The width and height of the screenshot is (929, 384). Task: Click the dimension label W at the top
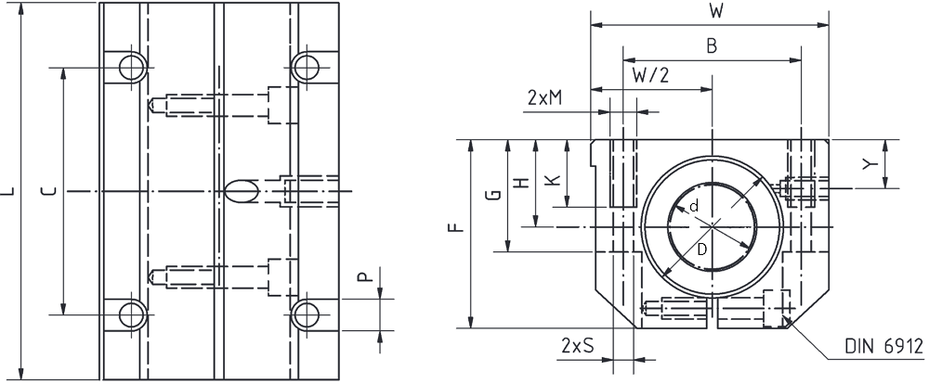[715, 12]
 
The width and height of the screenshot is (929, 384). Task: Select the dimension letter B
[712, 46]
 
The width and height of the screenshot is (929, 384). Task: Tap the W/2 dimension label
[650, 75]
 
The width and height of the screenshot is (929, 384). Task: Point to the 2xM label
[544, 97]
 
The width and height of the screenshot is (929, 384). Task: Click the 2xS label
[577, 345]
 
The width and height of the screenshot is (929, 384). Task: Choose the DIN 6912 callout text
[884, 346]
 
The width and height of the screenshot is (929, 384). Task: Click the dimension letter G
[496, 194]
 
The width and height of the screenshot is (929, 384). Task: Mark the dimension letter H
[522, 183]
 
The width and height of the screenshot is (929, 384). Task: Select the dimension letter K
[552, 179]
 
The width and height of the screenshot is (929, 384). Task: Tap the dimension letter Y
[869, 165]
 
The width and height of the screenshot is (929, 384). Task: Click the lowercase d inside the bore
[694, 206]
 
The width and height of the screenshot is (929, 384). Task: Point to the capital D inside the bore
[702, 250]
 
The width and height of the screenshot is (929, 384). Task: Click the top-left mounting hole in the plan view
[133, 67]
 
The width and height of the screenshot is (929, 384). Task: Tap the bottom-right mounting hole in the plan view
[306, 314]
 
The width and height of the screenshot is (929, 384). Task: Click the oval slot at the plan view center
[242, 190]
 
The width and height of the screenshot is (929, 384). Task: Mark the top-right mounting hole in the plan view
[306, 67]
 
